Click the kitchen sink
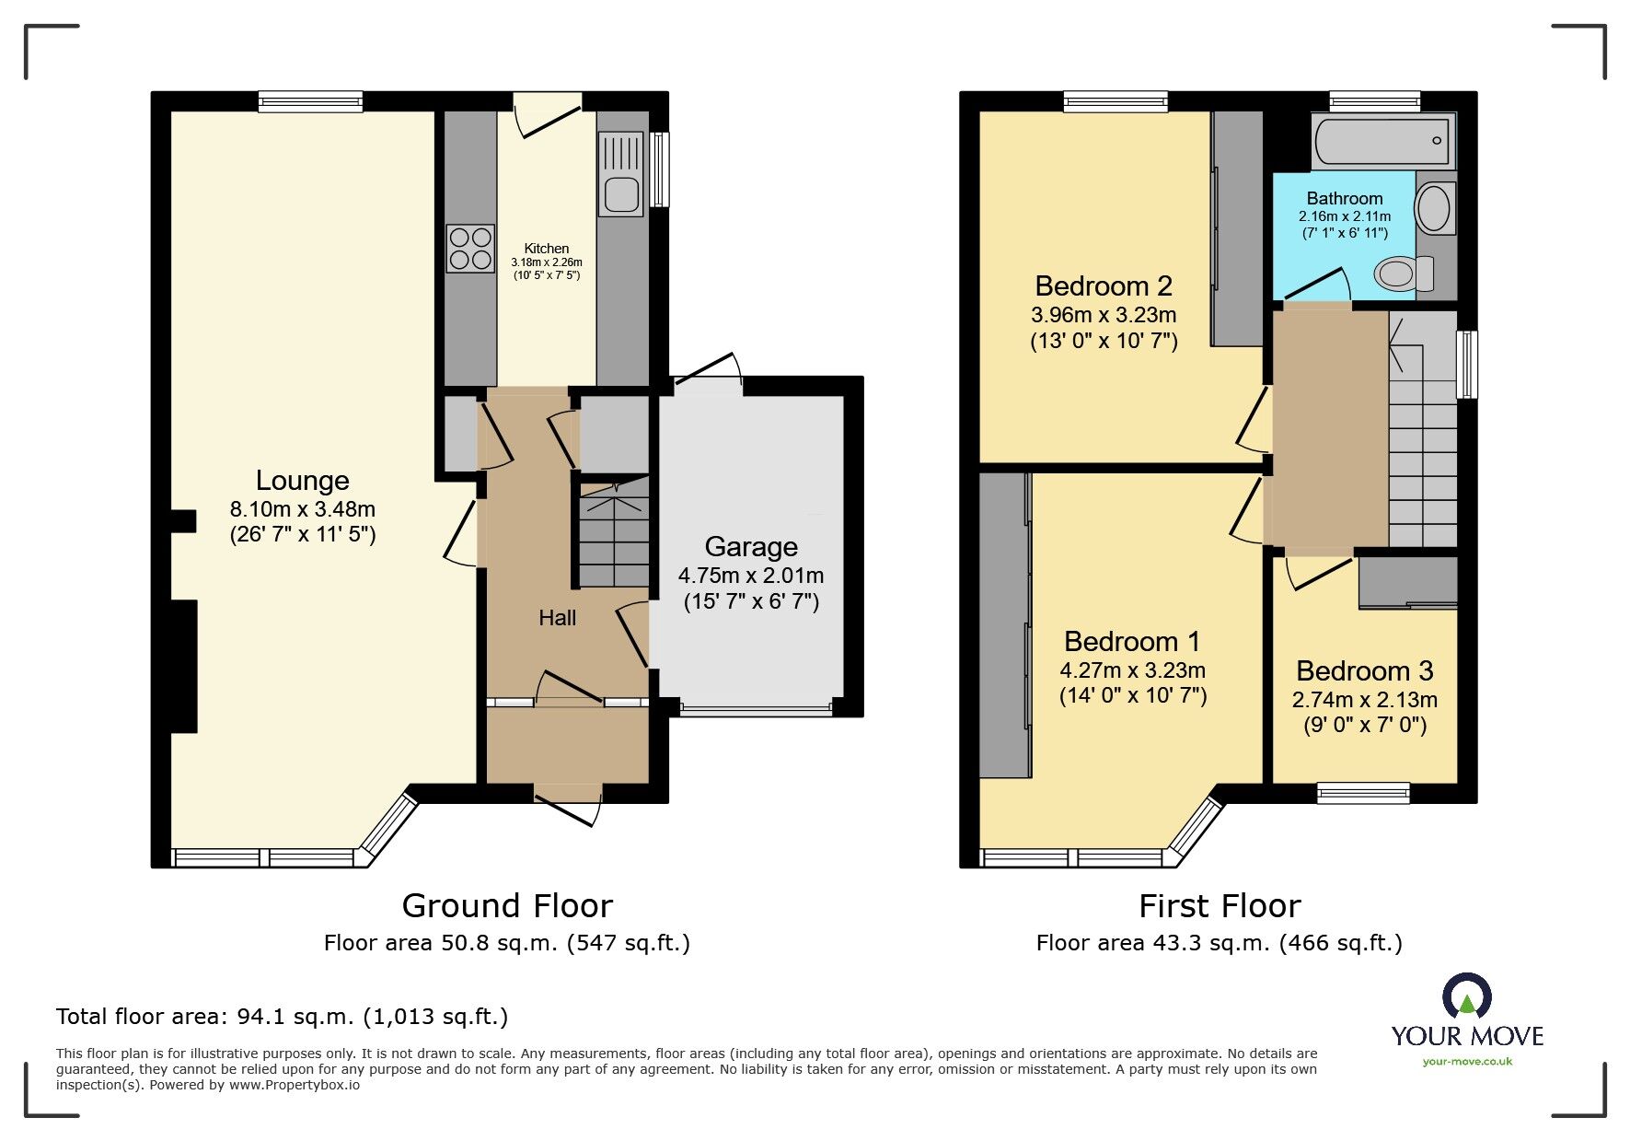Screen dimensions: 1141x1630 pos(621,175)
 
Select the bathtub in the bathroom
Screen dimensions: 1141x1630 pos(1382,142)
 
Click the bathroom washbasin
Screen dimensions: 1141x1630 pos(1434,207)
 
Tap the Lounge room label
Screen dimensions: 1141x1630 pos(302,481)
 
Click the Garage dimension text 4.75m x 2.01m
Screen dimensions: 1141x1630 pos(751,576)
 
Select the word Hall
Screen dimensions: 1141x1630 pos(557,618)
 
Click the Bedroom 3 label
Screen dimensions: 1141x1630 pos(1364,670)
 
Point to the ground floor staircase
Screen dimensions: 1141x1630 pos(613,539)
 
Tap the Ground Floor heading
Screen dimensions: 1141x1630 pos(507,906)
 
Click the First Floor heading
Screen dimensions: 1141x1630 pos(1220,906)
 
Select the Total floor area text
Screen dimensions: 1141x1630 pos(282,1017)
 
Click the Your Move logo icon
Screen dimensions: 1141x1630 pos(1466,997)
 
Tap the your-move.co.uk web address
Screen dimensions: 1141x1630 pos(1467,1062)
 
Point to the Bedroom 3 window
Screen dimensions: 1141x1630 pos(1363,792)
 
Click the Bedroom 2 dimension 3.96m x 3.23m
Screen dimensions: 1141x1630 pos(1104,315)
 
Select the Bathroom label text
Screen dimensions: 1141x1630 pos(1345,198)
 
